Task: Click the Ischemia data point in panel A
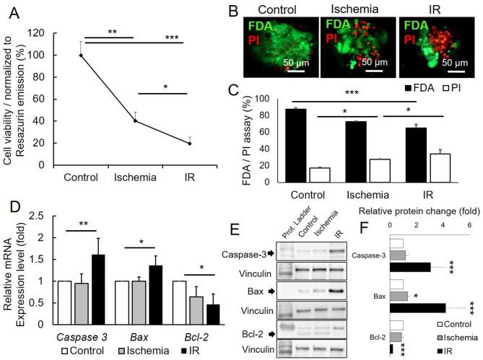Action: tap(134, 120)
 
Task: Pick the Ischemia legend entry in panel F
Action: tap(450, 338)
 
